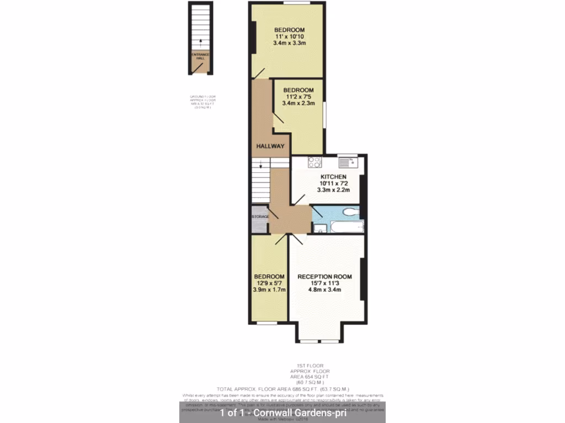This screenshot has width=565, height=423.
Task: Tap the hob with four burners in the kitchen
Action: (315, 162)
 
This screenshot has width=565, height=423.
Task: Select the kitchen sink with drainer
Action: (348, 162)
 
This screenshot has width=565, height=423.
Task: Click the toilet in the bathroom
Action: (350, 213)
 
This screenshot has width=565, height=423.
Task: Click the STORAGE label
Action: (260, 217)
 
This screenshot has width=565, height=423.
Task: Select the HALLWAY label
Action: (270, 147)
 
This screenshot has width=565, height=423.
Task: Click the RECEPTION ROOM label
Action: (324, 276)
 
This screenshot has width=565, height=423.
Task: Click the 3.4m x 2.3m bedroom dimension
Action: (298, 103)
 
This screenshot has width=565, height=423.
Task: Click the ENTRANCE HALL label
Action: (200, 56)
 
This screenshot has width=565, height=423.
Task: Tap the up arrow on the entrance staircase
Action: (200, 42)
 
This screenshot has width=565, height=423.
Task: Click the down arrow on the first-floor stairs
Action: (261, 163)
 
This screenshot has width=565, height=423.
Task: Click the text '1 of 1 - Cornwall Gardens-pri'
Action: (282, 413)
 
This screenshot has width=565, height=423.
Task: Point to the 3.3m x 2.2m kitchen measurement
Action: (333, 189)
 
